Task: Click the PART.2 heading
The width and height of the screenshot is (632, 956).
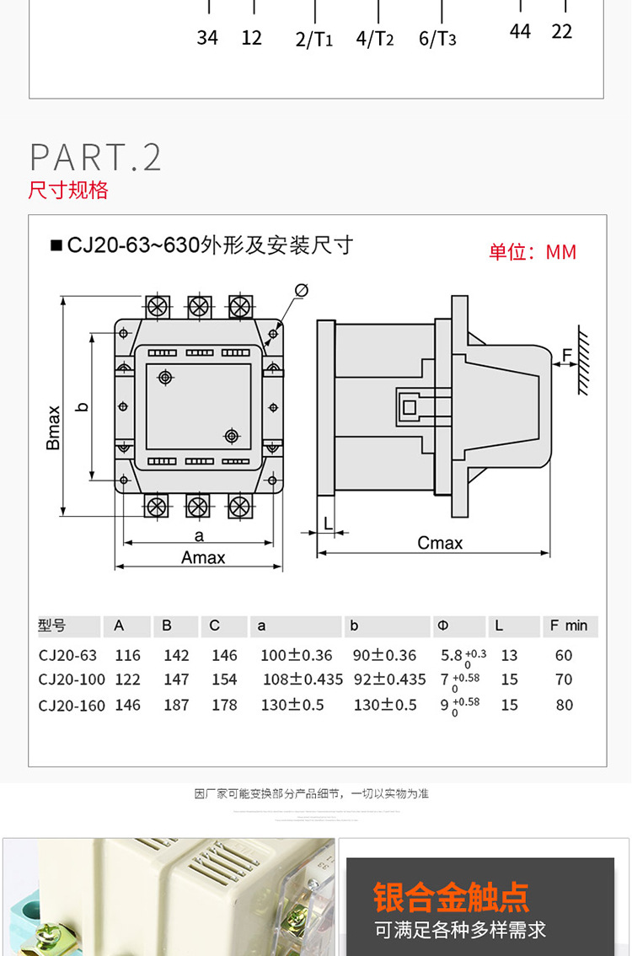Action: (95, 158)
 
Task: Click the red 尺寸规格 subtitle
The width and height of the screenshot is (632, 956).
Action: (68, 190)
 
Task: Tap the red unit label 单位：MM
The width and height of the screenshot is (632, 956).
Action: (533, 252)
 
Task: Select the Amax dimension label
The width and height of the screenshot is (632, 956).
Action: (203, 557)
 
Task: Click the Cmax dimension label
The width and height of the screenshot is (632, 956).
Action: (440, 543)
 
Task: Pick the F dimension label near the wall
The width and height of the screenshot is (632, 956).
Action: (566, 354)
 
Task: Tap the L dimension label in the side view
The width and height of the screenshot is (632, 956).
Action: (328, 524)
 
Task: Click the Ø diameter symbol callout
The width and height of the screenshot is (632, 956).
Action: (301, 291)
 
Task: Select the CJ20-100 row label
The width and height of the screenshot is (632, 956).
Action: (72, 679)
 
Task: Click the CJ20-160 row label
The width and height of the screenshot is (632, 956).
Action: (72, 705)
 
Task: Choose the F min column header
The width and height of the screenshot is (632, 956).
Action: (569, 626)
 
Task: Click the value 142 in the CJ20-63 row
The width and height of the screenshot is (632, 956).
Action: (176, 655)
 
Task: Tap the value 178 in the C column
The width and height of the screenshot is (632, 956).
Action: (224, 705)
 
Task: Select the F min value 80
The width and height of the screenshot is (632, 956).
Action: (564, 705)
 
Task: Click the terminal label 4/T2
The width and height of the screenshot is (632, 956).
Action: (375, 39)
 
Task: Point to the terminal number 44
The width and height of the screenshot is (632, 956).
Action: (521, 31)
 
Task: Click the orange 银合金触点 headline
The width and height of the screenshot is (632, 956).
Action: (451, 897)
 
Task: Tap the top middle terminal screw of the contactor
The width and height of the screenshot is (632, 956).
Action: (198, 305)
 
